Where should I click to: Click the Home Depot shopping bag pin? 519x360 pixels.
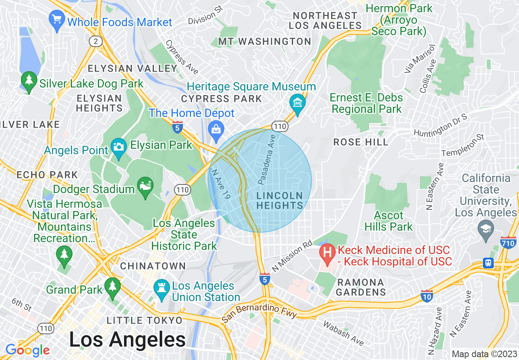click(215, 128)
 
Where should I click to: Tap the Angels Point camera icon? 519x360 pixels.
click(119, 146)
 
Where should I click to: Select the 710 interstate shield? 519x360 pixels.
click(508, 243)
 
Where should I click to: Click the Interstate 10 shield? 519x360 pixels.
click(427, 296)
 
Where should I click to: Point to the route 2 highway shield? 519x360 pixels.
click(95, 41)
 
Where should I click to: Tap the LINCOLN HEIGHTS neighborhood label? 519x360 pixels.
click(280, 200)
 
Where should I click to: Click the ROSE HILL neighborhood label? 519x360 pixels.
click(361, 142)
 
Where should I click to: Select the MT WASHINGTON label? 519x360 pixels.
click(264, 41)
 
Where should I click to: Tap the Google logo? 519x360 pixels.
click(27, 350)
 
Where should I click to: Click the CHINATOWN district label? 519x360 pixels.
click(153, 266)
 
